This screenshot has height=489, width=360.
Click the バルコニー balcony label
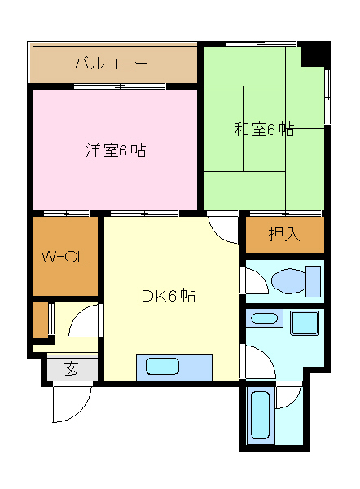[111, 64]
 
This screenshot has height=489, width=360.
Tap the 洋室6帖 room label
[116, 151]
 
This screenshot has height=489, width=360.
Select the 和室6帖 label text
[264, 129]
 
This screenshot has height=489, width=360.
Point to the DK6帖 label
[169, 296]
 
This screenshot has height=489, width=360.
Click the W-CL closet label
[64, 257]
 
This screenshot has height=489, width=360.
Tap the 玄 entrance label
[72, 369]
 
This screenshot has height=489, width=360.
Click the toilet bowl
[289, 281]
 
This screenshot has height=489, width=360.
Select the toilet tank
[313, 281]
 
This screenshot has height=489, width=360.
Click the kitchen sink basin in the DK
[162, 367]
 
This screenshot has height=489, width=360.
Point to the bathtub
[260, 416]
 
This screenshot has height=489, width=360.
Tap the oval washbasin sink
[264, 319]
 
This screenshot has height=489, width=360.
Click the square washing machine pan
[305, 323]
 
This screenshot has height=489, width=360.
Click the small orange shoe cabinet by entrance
[41, 320]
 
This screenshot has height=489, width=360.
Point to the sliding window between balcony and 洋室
[120, 86]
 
